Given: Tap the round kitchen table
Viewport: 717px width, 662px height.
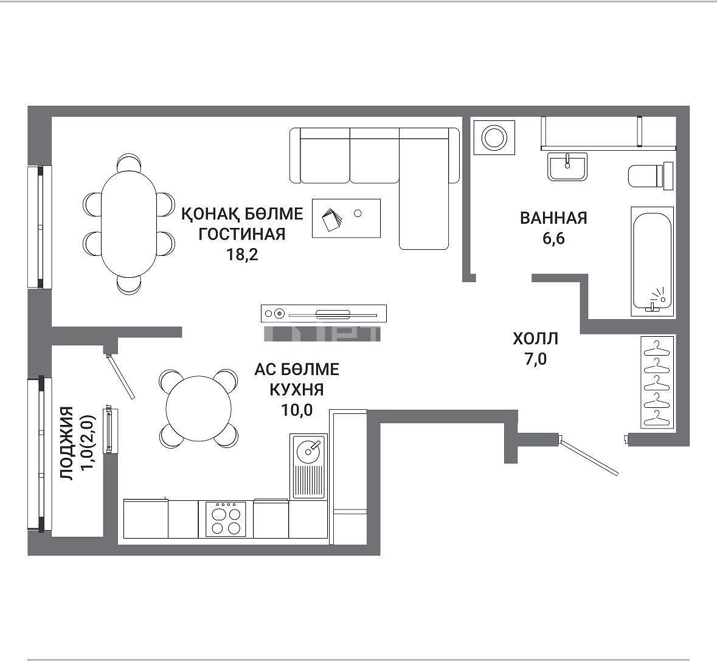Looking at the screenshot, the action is tap(198, 409).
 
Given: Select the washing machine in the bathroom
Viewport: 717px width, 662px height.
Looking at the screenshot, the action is tap(494, 137).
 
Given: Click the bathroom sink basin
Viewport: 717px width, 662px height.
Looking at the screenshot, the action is tap(567, 167).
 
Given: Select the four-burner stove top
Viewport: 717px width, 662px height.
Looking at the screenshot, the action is tap(226, 519).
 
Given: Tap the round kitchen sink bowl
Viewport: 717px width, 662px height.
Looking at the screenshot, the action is tap(309, 451).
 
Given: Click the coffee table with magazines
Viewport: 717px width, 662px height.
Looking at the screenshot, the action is tap(346, 218).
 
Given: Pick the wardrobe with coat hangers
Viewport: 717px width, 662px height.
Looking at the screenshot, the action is tap(657, 382).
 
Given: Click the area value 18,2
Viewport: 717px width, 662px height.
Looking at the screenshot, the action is tap(243, 254).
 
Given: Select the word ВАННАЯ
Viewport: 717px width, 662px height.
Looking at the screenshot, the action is tap(553, 218).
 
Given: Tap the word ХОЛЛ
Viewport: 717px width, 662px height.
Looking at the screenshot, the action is tap(535, 339).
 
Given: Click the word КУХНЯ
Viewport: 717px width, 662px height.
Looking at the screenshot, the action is tap(297, 390).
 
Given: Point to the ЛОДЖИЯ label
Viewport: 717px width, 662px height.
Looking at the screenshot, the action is tap(67, 443).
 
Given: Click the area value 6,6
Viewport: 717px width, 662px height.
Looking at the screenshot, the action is tap(553, 238).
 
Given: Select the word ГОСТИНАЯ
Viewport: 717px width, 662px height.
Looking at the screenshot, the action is tap(243, 233).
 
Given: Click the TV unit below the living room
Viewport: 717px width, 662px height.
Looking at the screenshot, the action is tap(324, 314).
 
